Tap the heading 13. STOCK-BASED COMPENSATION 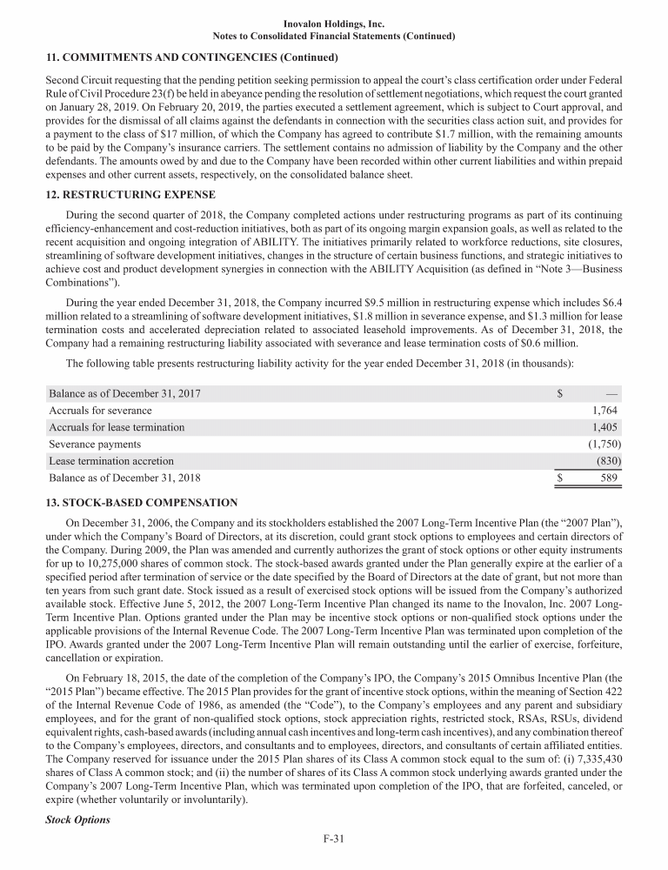[x=143, y=503]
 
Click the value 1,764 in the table [x=606, y=411]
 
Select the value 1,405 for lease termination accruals [x=606, y=427]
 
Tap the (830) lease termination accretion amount [x=608, y=461]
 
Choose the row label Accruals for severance [x=100, y=411]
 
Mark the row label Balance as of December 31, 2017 [x=124, y=393]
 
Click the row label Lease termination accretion [x=111, y=461]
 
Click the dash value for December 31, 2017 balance [x=612, y=393]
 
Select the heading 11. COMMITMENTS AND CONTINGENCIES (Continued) [x=191, y=58]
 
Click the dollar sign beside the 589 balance [x=560, y=478]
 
